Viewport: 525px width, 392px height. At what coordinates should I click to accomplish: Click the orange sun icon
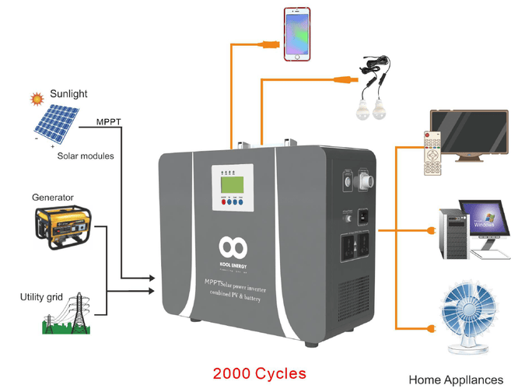coord(35,99)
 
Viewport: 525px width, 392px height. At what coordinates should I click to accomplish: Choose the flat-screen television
coord(471,133)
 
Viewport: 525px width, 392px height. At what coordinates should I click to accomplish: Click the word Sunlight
coord(68,94)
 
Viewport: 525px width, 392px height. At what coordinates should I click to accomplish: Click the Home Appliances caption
coord(456,380)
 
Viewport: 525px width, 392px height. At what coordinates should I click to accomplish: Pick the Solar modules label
coord(86,156)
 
